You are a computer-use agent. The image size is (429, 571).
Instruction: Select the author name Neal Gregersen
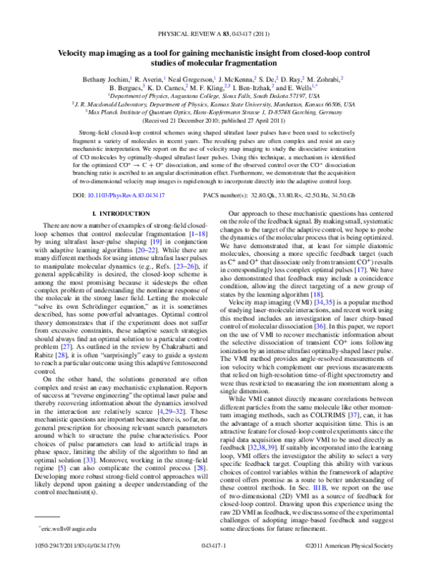pyautogui.click(x=184, y=77)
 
